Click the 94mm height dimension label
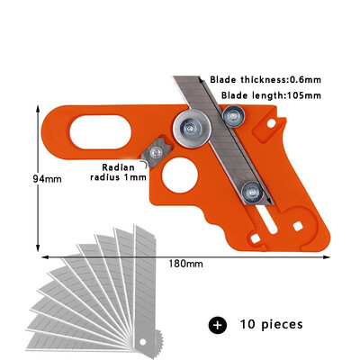click(x=47, y=179)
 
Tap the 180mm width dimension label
click(x=185, y=264)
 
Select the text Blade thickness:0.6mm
click(x=265, y=80)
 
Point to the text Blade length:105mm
click(x=271, y=95)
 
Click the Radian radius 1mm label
click(x=119, y=172)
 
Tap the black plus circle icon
click(x=218, y=325)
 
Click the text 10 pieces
click(x=272, y=324)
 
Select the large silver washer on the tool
click(x=192, y=129)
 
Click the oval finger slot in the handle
click(x=100, y=132)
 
